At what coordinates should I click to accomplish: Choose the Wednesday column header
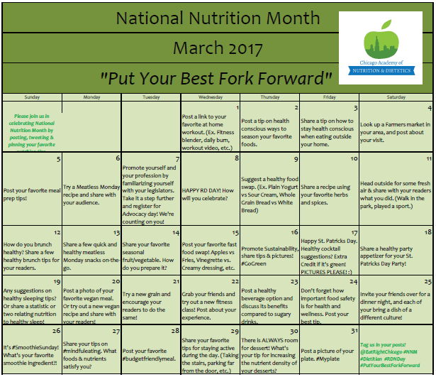point(211,96)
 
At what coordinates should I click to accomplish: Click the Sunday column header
point(31,96)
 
